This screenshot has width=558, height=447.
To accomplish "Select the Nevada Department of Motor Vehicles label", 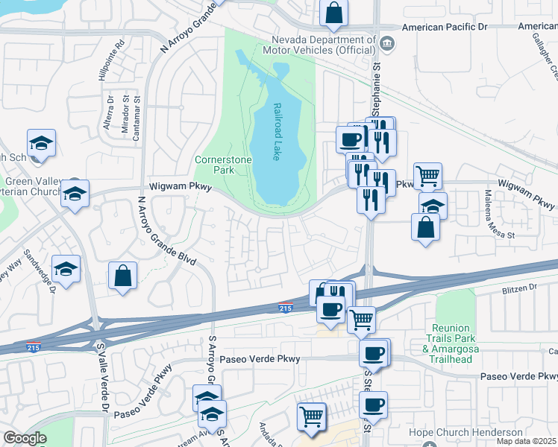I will point(323,45).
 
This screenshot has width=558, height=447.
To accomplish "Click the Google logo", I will point(25,438).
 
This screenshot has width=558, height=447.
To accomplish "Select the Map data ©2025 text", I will point(527,441).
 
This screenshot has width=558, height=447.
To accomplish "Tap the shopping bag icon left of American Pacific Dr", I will point(334,12).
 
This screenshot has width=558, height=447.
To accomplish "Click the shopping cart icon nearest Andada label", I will point(312,416).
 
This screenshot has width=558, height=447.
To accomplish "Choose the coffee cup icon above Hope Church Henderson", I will point(374,405).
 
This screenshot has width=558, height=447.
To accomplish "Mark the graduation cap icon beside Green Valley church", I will point(75,194).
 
